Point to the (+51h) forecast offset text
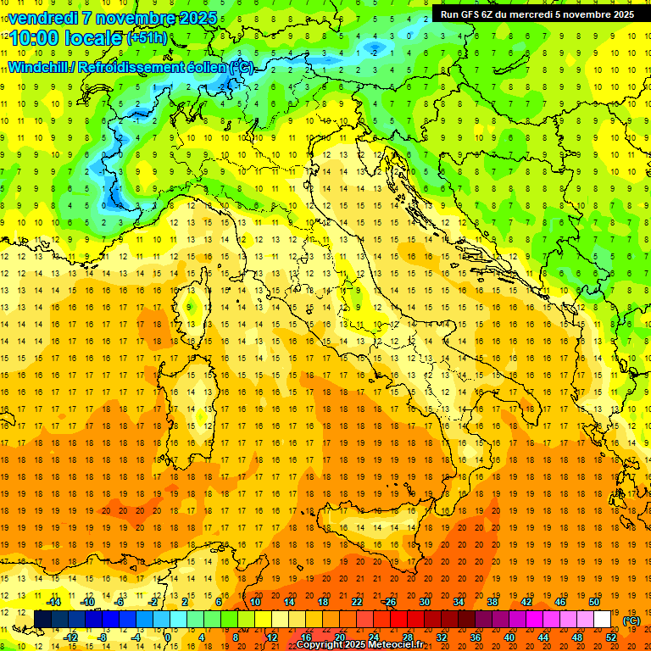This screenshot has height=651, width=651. tap(147, 39)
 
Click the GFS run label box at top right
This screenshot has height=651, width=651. tap(537, 14)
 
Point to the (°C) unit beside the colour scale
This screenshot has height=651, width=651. tap(632, 620)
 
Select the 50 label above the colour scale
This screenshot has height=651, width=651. tap(593, 602)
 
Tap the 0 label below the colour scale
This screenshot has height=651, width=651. tap(168, 637)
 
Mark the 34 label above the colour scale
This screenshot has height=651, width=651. tap(458, 602)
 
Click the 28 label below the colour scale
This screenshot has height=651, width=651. tap(407, 637)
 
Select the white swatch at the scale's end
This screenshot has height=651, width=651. tap(602, 620)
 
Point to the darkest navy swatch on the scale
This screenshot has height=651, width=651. tap(42, 620)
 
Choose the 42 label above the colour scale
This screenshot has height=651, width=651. tap(526, 602)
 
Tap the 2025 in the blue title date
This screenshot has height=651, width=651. tap(192, 18)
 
